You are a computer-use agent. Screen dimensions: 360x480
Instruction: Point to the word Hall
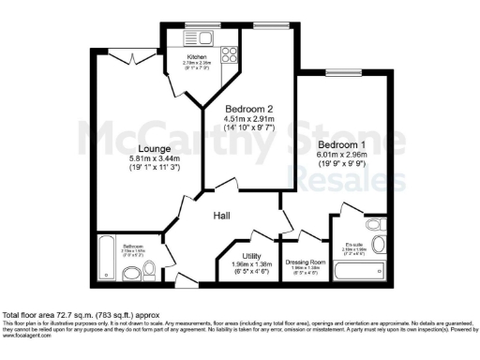point(222,217)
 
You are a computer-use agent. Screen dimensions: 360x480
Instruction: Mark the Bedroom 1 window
point(338,72)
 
